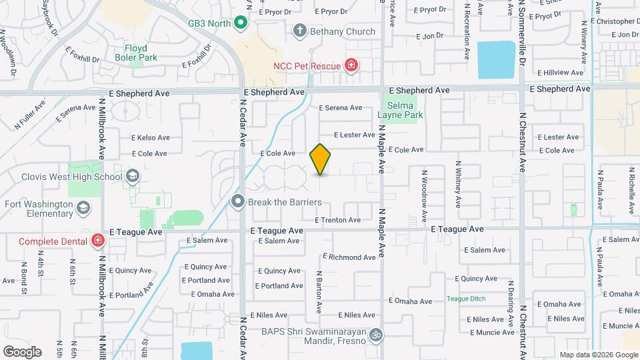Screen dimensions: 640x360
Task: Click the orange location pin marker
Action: pos(321,159)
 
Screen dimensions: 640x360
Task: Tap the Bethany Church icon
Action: pos(300,31)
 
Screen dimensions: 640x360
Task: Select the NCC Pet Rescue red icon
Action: pos(351,65)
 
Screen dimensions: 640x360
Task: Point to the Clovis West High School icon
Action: pos(133,177)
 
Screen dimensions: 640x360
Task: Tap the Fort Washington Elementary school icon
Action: pos(83,209)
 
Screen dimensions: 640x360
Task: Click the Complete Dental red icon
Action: pos(97,241)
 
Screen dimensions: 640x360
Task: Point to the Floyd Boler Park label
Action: pos(141,53)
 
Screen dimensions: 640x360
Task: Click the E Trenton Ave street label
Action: pos(338,220)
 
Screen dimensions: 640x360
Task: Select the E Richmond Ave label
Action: pos(349,257)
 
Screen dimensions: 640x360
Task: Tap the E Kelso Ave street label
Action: pos(151,138)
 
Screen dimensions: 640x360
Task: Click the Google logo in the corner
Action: pos(22,352)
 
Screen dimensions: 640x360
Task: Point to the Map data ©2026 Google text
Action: pos(598,355)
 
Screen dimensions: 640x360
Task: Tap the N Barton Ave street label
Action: pos(319,291)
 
